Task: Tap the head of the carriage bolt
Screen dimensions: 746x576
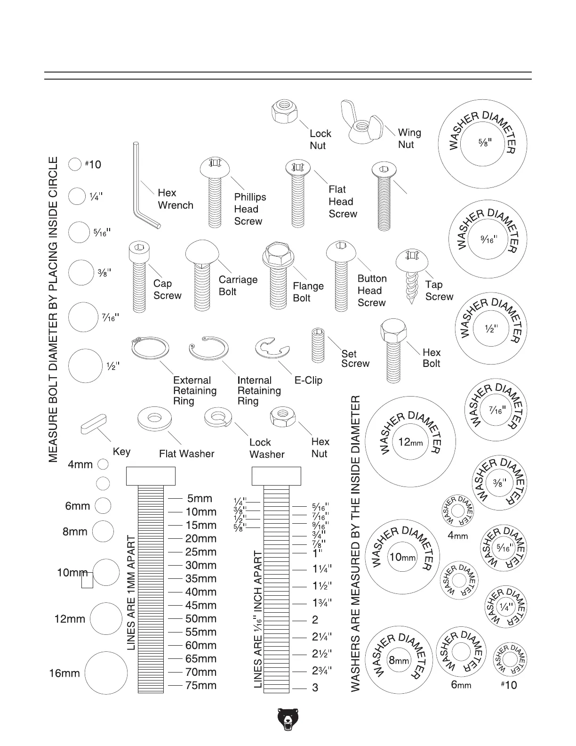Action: [202, 253]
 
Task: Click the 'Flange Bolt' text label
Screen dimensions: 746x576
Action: [308, 292]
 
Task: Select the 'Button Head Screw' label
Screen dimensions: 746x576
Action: [372, 291]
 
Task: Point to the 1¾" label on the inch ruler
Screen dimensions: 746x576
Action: [322, 602]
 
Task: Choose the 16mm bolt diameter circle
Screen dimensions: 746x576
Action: [106, 673]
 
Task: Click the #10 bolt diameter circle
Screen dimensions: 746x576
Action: [75, 164]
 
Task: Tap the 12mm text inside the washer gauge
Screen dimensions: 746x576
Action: [410, 442]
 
